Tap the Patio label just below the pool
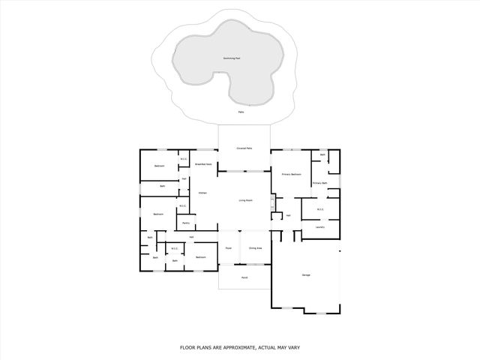tap(241, 112)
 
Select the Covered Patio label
tap(244, 149)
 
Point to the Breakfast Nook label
tap(203, 163)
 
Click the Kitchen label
tap(202, 193)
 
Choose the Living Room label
tap(244, 200)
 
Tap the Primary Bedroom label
tap(292, 174)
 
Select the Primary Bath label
tap(320, 183)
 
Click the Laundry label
tap(319, 226)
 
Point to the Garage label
tap(306, 275)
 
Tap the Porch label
tap(244, 277)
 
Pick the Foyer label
tap(229, 247)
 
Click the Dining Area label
tap(255, 247)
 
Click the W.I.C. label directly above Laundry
tap(320, 209)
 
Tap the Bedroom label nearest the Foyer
tap(201, 257)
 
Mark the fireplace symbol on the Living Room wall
tap(274, 201)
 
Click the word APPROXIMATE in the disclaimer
tap(229, 347)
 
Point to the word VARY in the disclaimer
tap(293, 347)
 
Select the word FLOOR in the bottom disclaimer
tap(187, 347)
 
